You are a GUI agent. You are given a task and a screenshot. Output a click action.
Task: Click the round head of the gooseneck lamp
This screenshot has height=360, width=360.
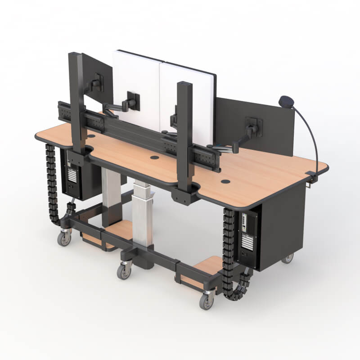tap(285, 101)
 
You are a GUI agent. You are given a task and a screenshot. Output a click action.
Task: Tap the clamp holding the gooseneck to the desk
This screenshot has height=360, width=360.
tap(311, 178)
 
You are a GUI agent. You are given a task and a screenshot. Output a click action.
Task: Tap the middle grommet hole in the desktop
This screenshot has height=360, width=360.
tap(154, 158)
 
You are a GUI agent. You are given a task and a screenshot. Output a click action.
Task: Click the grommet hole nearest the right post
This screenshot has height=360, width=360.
tap(225, 181)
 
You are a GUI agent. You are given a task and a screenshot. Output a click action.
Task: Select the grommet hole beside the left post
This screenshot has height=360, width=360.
tap(91, 135)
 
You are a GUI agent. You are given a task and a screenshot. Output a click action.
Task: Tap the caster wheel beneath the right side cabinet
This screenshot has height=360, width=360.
tap(287, 258)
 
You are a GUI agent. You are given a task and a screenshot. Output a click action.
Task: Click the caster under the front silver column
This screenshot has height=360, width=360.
tap(124, 271)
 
